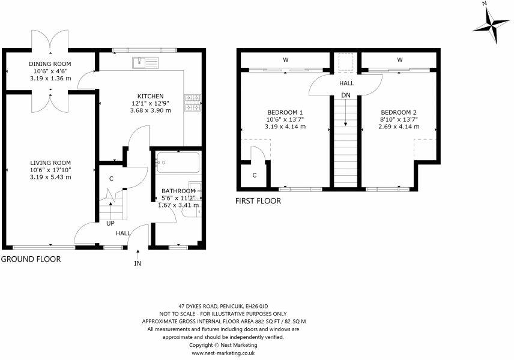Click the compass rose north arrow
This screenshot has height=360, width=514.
pos(491,27)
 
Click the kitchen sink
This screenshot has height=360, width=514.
pos(145,62)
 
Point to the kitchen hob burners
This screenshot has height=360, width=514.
pos(192,103)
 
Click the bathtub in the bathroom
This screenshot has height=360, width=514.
pos(178,163)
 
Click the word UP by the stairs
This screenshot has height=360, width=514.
pos(110,223)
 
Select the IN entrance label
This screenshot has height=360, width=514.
pos(138,263)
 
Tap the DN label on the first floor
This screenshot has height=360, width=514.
pos(346,95)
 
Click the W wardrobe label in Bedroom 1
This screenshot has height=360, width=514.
pos(286,59)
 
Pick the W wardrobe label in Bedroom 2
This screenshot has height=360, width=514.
pos(399,59)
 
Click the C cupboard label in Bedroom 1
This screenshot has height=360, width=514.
pos(255,176)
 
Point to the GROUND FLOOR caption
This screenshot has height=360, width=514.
pos(31,259)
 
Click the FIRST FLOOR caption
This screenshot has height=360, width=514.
pos(258,201)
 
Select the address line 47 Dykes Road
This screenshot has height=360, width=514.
pos(223,306)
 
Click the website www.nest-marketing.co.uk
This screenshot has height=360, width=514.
pos(223,353)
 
